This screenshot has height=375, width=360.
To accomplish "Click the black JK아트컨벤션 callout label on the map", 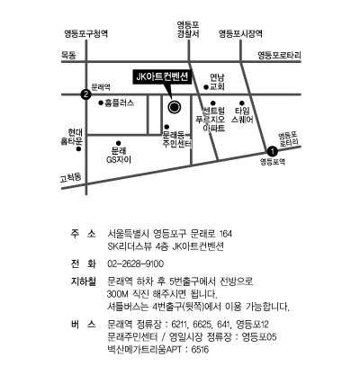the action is click(162, 77).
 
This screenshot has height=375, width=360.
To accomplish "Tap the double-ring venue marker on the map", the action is click(175, 107).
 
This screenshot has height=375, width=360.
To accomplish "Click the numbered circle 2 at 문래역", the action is click(86, 94).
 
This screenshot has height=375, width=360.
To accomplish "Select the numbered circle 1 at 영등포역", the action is click(272, 151).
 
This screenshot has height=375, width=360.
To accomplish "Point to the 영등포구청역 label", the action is click(85, 33).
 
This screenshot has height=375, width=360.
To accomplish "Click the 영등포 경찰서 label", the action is click(188, 30).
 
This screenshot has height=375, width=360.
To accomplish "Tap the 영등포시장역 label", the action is click(240, 33).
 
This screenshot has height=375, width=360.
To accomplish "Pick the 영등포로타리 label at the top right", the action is click(279, 55).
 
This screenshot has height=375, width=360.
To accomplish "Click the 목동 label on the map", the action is click(68, 55).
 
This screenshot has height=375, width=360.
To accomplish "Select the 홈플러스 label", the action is click(119, 103).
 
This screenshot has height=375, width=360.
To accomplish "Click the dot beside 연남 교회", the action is click(206, 87).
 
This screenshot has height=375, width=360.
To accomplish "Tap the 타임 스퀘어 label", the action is click(242, 115).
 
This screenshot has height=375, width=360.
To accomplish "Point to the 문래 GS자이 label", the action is click(119, 155).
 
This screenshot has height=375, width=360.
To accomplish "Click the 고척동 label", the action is click(71, 178).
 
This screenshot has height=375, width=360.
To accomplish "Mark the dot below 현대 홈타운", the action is click(78, 149).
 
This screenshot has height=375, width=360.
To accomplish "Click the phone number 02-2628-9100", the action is click(136, 264).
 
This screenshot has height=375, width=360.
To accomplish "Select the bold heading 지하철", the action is click(84, 281).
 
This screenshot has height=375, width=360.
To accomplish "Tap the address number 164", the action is click(226, 234).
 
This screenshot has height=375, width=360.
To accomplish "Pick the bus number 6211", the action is click(179, 325).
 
